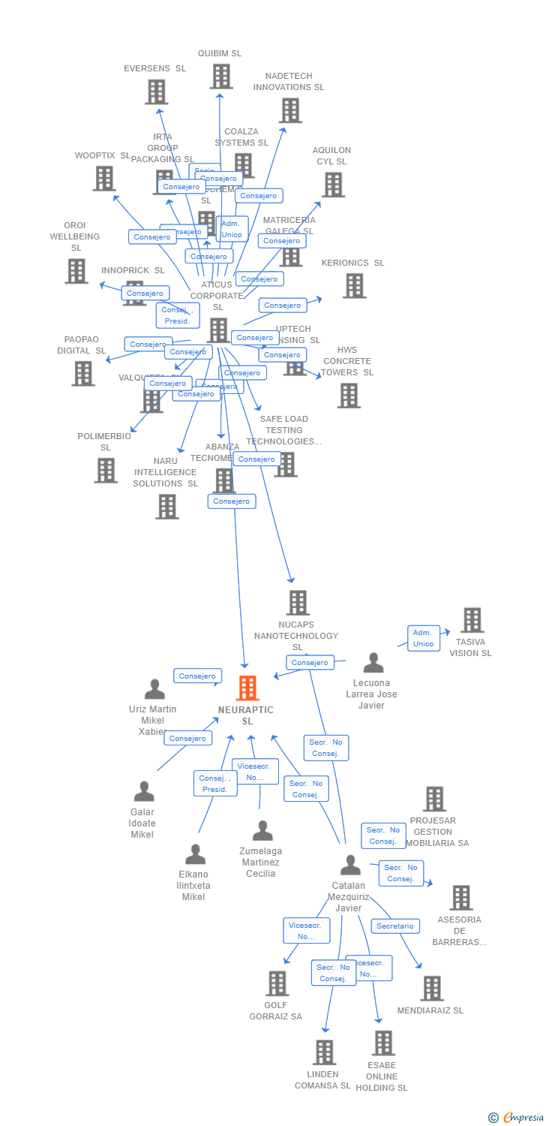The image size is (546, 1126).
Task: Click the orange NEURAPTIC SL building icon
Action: pos(247,688)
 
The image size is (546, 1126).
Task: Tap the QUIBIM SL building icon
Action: pos(220,77)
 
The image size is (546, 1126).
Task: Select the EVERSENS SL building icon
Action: pos(156,92)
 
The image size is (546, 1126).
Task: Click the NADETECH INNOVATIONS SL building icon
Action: pos(289,110)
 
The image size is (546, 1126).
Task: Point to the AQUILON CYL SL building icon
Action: pos(332,185)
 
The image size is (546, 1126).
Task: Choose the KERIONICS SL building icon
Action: pos(354,285)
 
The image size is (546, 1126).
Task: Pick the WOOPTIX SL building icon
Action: pos(104,179)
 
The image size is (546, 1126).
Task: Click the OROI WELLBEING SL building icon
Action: pos(76,271)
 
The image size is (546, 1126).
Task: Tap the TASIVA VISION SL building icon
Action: pos(472,620)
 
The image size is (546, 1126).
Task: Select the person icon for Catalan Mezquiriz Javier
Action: pos(350,866)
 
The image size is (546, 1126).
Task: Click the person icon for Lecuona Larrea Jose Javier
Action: pos(373,664)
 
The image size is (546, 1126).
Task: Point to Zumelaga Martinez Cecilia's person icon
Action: pos(262,831)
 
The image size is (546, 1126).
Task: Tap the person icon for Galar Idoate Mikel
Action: pos(143,792)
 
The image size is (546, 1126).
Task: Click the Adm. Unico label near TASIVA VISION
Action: pos(423,638)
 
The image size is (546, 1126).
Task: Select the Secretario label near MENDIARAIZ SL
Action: pos(395,926)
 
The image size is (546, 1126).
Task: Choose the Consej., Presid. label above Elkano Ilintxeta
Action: pos(215,784)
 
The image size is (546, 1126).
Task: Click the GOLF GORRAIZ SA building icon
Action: pos(277,983)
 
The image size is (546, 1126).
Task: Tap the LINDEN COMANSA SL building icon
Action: pos(324,1052)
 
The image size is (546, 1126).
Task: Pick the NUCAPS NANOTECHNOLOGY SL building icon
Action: pos(298,603)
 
